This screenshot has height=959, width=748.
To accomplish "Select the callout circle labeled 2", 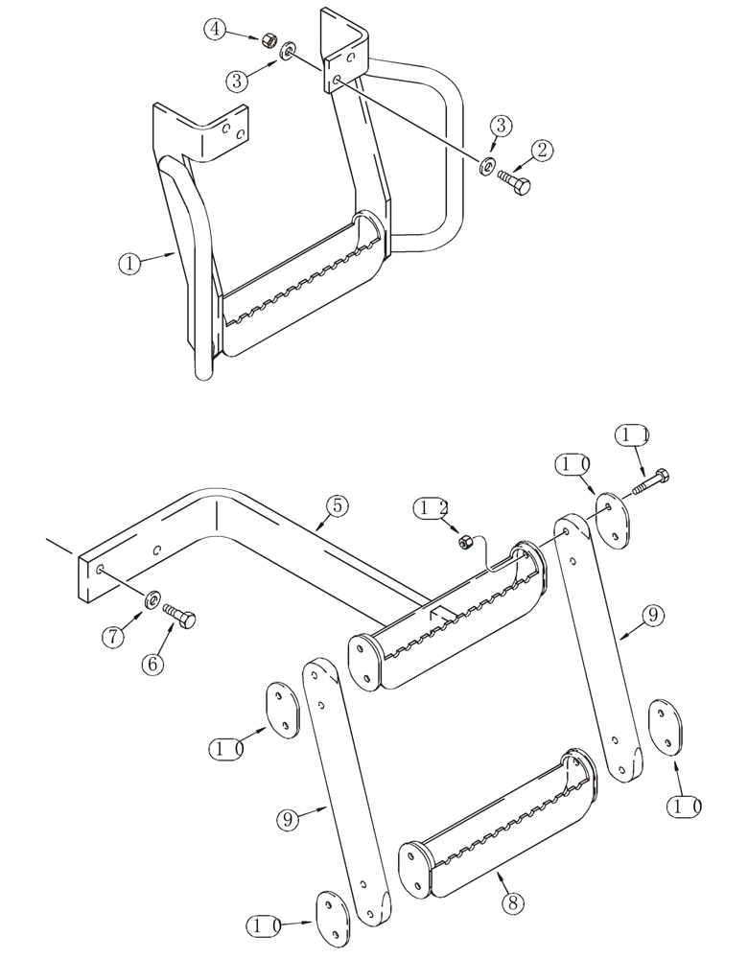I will [543, 149].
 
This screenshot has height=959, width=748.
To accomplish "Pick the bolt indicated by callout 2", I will [513, 179].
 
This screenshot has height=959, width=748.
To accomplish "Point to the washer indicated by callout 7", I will [152, 600].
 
